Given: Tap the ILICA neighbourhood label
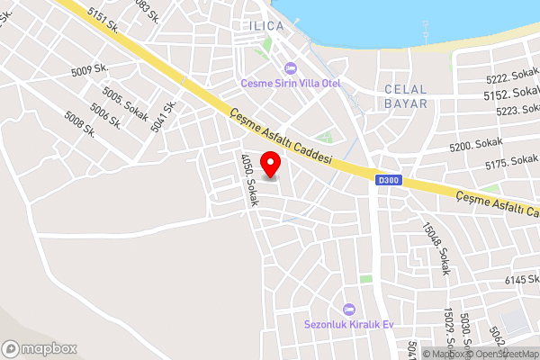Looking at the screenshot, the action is tap(265, 26).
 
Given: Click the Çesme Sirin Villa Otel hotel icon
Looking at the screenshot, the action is tap(290, 68).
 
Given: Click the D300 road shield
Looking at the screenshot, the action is tap(388, 181).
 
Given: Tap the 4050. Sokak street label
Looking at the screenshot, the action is tap(248, 181).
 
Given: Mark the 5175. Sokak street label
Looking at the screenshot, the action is tap(510, 164).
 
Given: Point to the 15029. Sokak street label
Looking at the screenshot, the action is tap(450, 329).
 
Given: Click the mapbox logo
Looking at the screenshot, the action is tap(40, 348).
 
